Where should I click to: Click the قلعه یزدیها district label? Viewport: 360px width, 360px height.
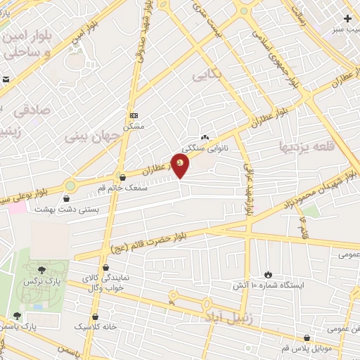pyautogui.click(x=309, y=146)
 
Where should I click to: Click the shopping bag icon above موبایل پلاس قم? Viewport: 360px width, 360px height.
pyautogui.click(x=306, y=337)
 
